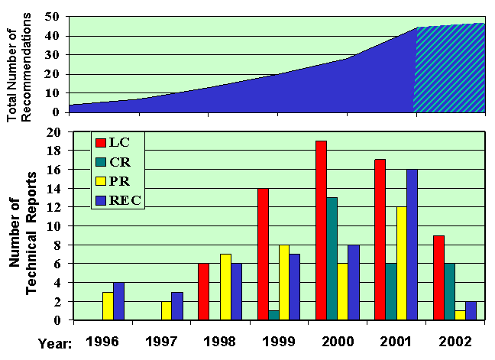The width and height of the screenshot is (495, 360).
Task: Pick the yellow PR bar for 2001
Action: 400,263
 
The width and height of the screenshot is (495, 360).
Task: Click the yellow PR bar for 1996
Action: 108,306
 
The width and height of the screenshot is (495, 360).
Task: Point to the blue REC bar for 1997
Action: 176,306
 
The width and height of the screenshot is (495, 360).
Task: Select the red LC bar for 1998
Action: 202,291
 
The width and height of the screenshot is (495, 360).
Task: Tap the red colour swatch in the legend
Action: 99,141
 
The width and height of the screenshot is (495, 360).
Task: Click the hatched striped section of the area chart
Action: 451,69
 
